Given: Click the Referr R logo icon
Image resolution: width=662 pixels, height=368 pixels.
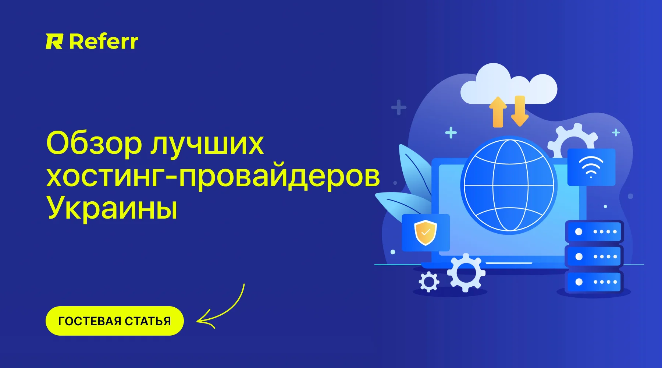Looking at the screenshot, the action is tap(54, 41).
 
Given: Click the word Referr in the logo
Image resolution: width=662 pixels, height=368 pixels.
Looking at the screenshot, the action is tap(104, 41).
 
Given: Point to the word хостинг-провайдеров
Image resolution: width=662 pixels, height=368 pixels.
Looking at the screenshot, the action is tap(213, 177).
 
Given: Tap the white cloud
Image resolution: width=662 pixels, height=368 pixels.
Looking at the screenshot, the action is tap(509, 84).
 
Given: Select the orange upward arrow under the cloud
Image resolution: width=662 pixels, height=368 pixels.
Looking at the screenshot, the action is tap(498, 112).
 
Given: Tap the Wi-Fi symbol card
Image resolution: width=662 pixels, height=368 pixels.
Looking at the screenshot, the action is tap(591, 167).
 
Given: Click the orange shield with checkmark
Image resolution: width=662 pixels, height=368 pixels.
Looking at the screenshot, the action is tap(426, 233).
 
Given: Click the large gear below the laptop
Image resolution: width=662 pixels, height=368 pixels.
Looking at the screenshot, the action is tap(466, 273).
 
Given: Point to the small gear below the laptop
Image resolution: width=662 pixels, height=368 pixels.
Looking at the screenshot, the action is tap(429, 282).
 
